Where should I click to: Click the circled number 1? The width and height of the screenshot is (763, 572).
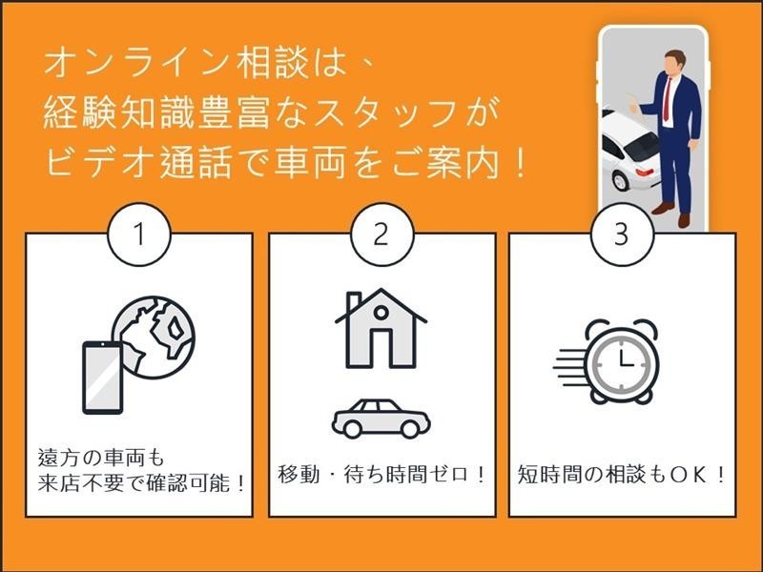coord(139,234)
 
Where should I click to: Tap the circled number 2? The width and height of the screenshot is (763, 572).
coord(382,234)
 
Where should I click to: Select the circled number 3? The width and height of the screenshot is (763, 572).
coord(622,234)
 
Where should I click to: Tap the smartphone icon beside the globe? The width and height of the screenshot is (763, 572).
coord(103,378)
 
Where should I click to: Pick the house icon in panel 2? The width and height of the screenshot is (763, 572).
coord(381,328)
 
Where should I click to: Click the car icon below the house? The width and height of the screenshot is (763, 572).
coord(381,419)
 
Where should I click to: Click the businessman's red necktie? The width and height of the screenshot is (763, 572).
coord(667,99)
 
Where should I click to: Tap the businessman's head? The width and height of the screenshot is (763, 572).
coord(674,62)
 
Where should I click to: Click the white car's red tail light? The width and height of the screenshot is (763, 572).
coord(645,172)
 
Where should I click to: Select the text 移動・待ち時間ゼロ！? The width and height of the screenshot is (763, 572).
coord(382,474)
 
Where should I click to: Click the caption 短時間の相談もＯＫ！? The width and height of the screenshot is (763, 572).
coord(622,474)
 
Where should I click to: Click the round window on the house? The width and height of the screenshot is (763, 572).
coord(381,313)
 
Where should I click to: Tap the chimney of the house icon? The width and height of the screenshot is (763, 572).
coord(354,301)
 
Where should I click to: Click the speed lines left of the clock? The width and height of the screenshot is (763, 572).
coord(570,367)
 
